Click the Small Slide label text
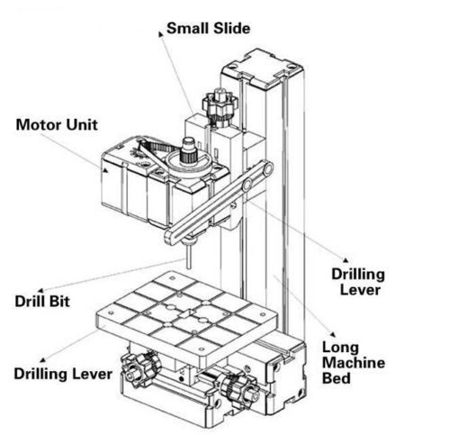(x=208, y=29)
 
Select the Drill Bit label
(x=42, y=302)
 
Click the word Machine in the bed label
(x=354, y=363)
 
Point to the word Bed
(x=336, y=378)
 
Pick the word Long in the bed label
(x=340, y=349)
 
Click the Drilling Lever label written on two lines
(x=358, y=282)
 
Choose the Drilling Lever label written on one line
(x=63, y=374)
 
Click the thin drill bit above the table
(x=188, y=256)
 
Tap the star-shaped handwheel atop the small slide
(x=220, y=104)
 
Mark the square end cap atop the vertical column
(x=263, y=68)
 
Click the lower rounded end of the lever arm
(x=172, y=238)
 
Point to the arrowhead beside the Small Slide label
(x=161, y=34)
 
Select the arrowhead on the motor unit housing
(x=105, y=170)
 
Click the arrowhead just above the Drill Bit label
(x=40, y=290)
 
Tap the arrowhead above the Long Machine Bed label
(x=333, y=334)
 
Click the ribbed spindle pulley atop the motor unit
(x=189, y=151)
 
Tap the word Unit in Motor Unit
(x=82, y=124)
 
